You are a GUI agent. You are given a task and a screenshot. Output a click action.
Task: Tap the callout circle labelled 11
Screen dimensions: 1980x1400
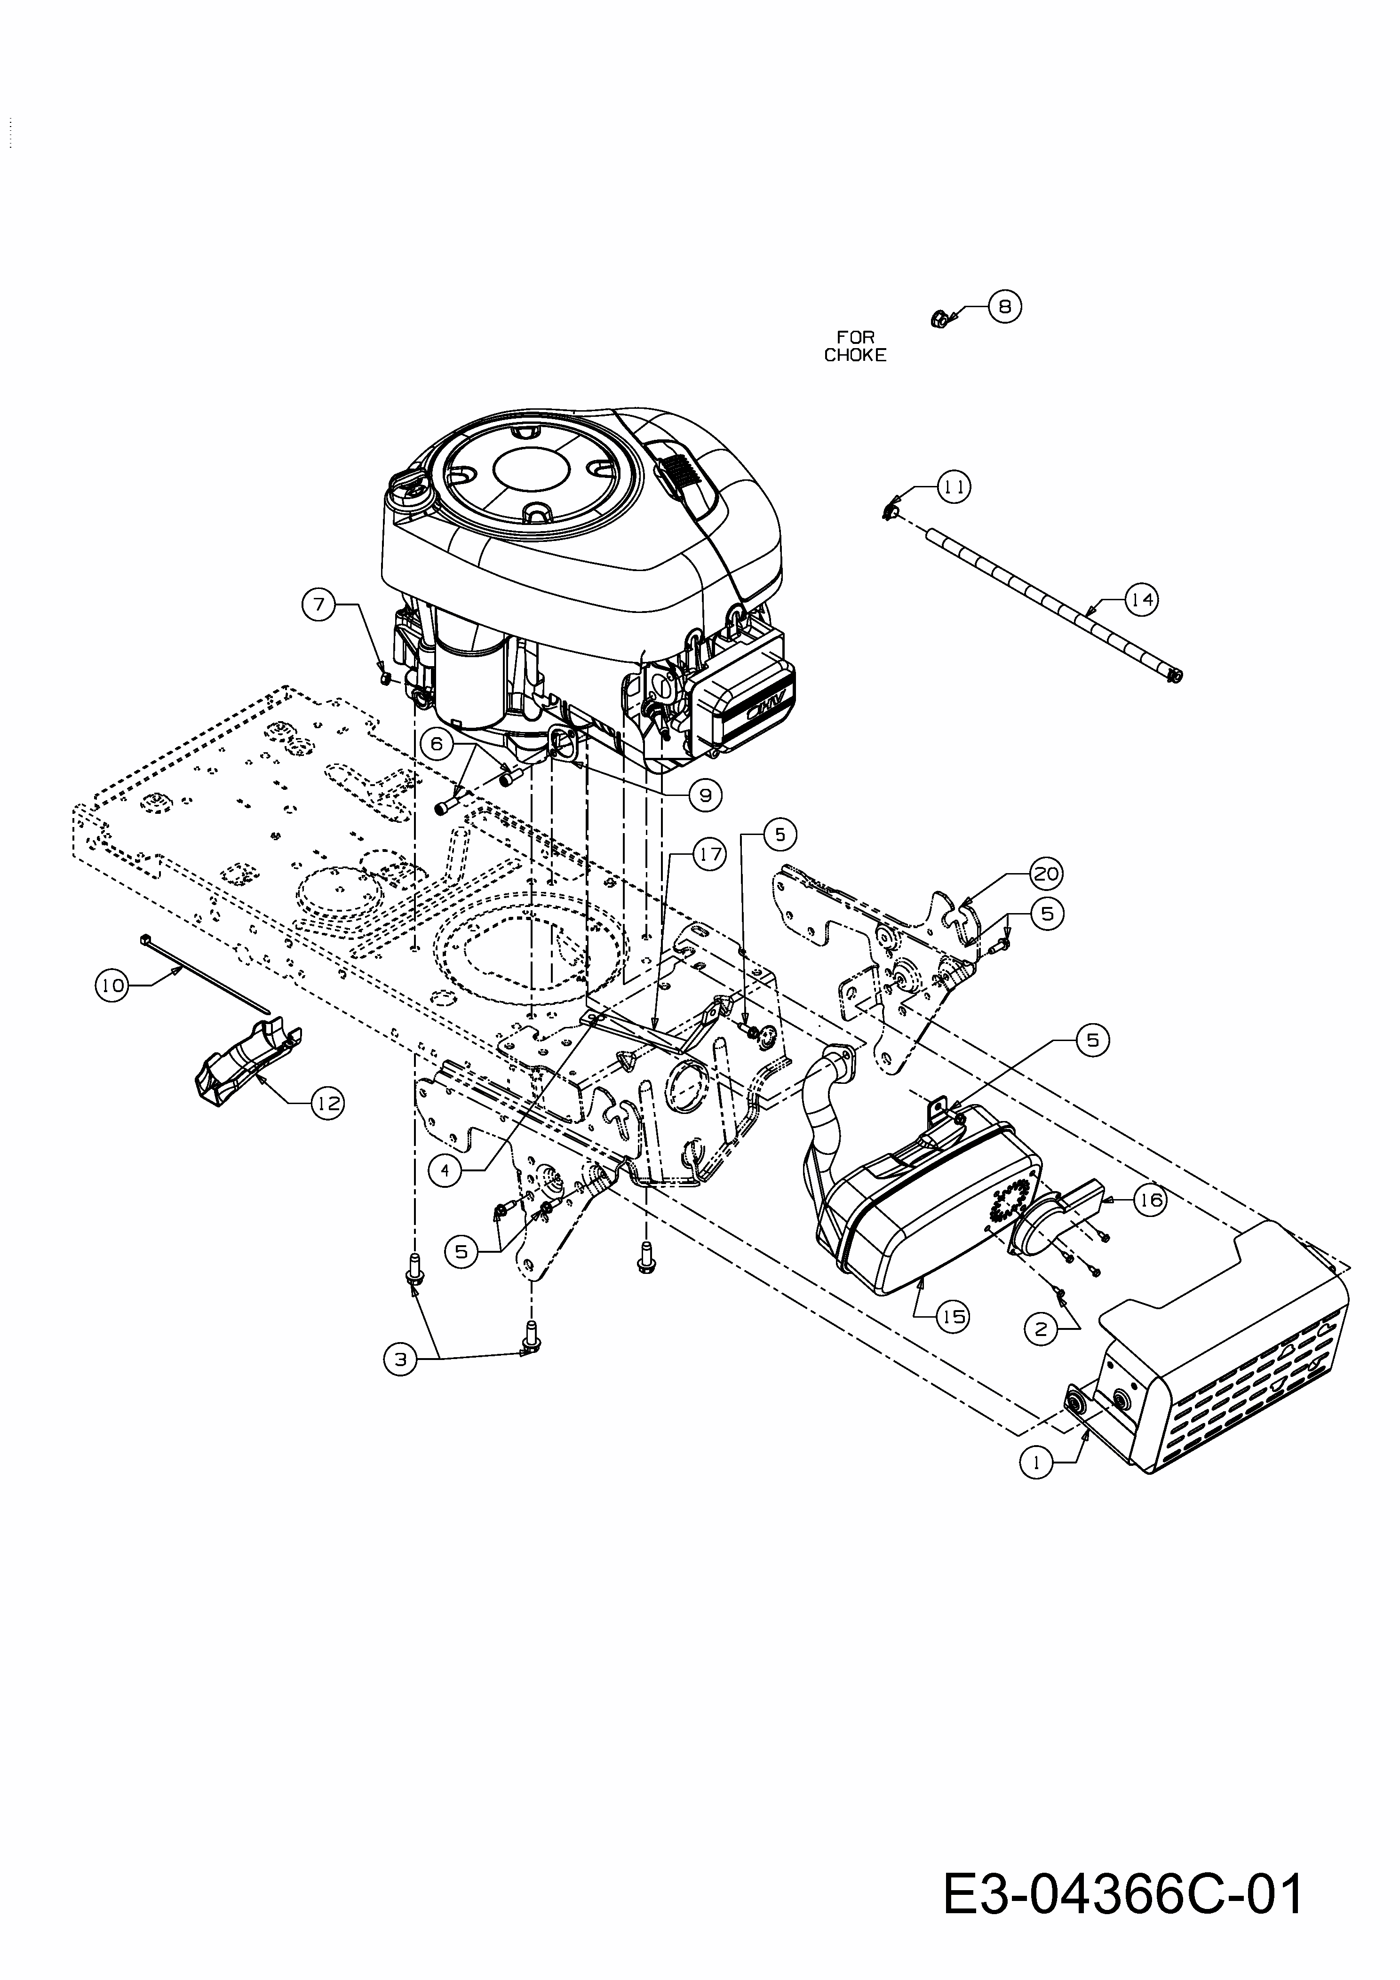click(954, 487)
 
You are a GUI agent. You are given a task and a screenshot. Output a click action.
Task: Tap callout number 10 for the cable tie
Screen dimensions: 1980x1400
click(111, 985)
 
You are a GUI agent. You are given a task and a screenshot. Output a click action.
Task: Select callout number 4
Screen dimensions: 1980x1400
click(445, 1171)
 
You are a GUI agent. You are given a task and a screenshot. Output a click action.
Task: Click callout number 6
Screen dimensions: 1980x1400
click(437, 742)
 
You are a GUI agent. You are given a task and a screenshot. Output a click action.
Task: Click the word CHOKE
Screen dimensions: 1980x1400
click(855, 355)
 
